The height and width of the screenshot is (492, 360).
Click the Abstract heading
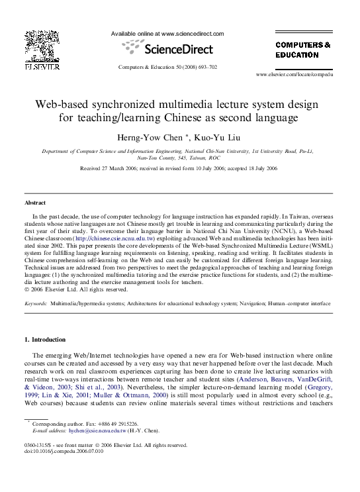(35, 203)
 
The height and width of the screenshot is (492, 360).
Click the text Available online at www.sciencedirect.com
(167, 34)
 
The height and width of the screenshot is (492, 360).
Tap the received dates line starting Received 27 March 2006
(179, 169)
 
